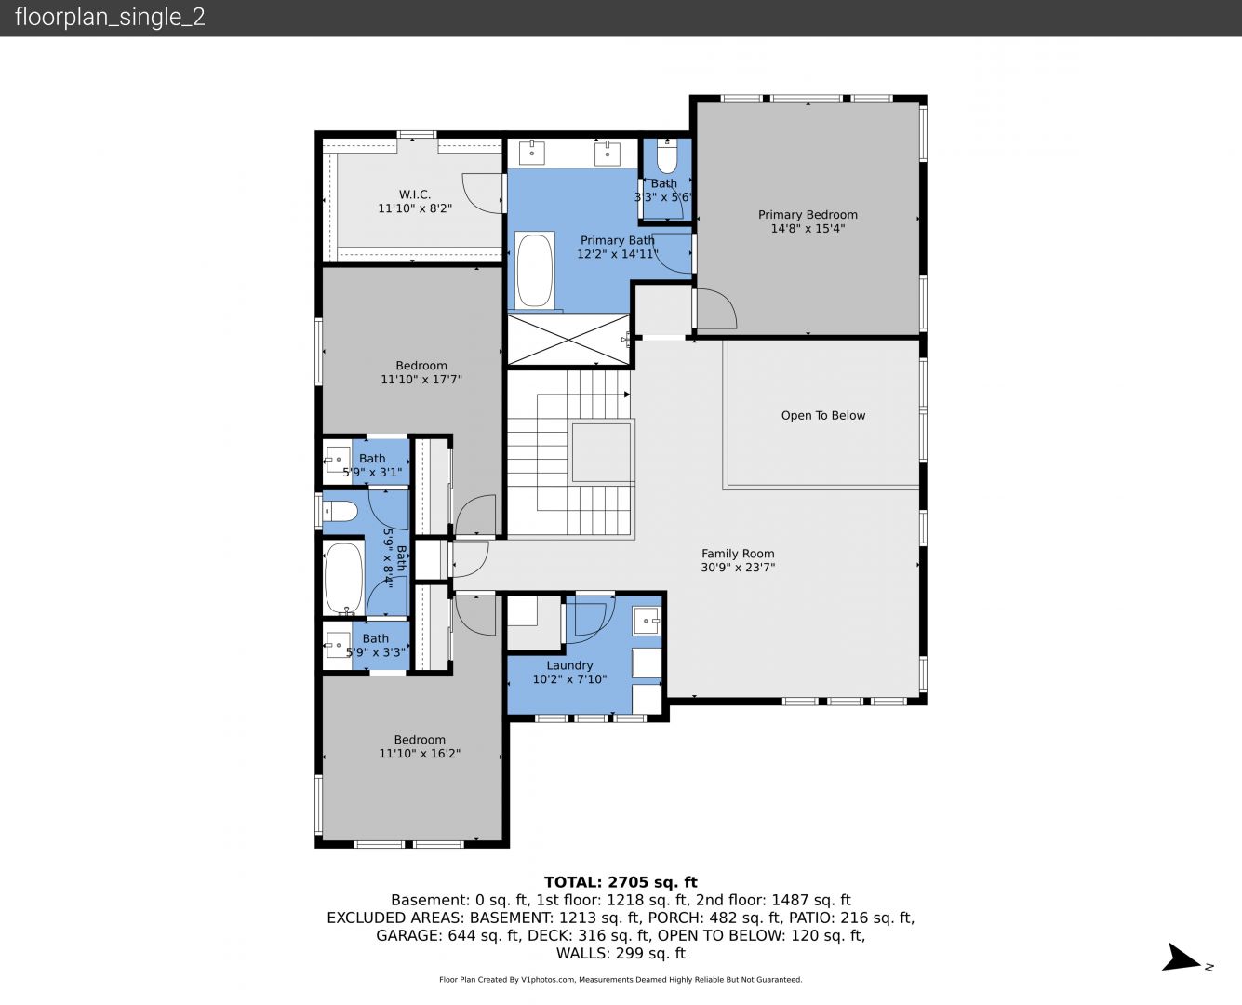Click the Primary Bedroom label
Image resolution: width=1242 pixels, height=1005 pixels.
[808, 215]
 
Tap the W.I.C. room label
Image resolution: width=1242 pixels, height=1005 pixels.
[415, 194]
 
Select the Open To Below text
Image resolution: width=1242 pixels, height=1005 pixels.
[822, 415]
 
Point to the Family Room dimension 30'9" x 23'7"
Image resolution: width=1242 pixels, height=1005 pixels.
[738, 567]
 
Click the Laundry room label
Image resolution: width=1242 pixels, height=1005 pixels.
[569, 665]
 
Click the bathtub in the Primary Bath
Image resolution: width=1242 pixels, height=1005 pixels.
[534, 270]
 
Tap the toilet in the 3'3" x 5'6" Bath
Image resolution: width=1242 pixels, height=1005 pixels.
[667, 155]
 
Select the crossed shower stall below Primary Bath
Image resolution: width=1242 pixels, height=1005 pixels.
[568, 340]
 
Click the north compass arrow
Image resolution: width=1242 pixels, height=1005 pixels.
[1181, 958]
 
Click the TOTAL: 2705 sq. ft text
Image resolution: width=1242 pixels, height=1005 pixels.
[621, 882]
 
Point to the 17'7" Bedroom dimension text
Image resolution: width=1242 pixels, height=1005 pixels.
[421, 379]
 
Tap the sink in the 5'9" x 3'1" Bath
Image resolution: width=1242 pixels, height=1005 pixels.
[338, 461]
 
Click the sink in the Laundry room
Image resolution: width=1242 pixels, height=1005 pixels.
[646, 620]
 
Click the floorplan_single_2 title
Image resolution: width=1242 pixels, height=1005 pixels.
[110, 17]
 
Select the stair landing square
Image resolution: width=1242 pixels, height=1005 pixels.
[601, 451]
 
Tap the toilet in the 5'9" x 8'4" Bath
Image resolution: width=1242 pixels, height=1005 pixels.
[340, 512]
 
